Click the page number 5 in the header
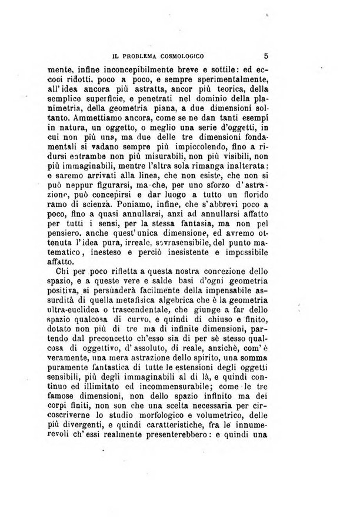[266, 57]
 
